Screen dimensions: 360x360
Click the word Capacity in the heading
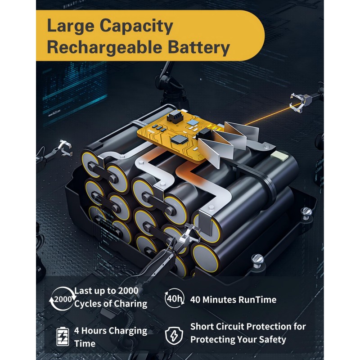click(136, 27)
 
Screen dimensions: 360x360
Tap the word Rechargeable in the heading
click(104, 48)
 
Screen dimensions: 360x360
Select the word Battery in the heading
click(199, 48)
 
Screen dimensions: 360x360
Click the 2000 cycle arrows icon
click(62, 299)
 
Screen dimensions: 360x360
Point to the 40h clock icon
click(175, 299)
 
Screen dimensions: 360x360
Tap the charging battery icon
click(63, 337)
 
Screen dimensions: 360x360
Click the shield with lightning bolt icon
click(174, 336)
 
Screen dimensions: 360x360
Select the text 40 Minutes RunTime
click(233, 300)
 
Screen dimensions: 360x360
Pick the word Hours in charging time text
click(94, 331)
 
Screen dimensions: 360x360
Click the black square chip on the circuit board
click(178, 139)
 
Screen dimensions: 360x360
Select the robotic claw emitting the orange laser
click(302, 101)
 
